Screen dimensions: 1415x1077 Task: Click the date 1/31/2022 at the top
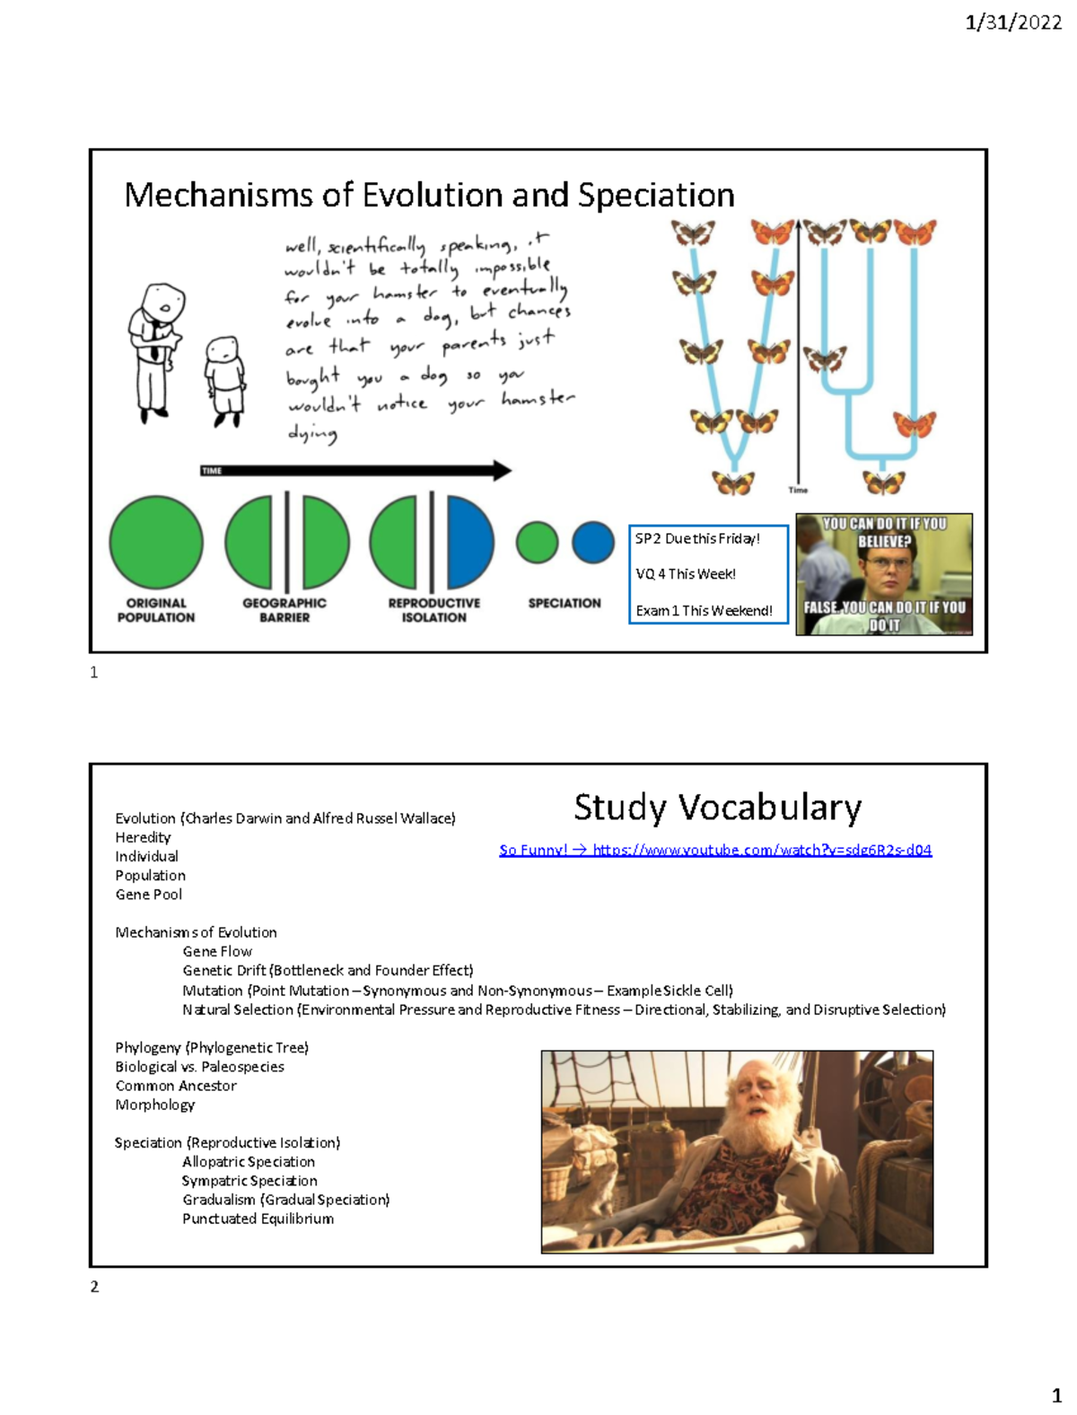pyautogui.click(x=1012, y=22)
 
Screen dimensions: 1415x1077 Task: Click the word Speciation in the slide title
pyautogui.click(x=656, y=195)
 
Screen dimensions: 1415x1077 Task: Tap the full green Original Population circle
pyautogui.click(x=156, y=543)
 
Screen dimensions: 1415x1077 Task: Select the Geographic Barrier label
pyautogui.click(x=285, y=610)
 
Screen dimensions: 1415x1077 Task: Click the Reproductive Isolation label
pyautogui.click(x=434, y=610)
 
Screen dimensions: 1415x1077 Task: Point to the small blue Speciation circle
pyautogui.click(x=593, y=543)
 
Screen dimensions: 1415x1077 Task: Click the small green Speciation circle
pyautogui.click(x=538, y=543)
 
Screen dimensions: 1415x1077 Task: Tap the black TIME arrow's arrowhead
pyautogui.click(x=502, y=470)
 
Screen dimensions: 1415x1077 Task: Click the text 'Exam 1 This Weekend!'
pyautogui.click(x=704, y=610)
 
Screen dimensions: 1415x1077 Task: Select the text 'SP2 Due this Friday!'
pyautogui.click(x=697, y=538)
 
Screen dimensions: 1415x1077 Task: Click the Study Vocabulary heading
pyautogui.click(x=717, y=808)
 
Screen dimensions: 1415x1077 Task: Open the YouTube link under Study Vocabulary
pyautogui.click(x=761, y=850)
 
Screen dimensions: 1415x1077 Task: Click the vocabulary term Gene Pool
pyautogui.click(x=148, y=895)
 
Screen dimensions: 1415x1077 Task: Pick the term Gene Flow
pyautogui.click(x=217, y=951)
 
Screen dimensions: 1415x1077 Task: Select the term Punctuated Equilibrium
pyautogui.click(x=258, y=1218)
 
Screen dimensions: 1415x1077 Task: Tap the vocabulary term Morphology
pyautogui.click(x=154, y=1105)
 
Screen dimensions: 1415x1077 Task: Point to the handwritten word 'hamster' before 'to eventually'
pyautogui.click(x=405, y=293)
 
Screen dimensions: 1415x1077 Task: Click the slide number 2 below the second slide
pyautogui.click(x=94, y=1287)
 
